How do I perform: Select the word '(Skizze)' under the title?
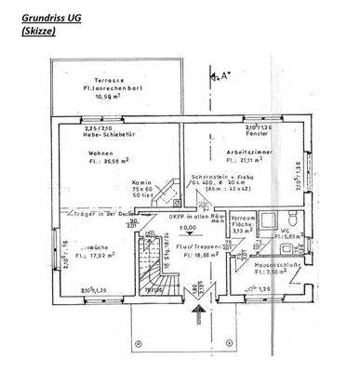point(34,30)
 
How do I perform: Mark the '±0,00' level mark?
point(189,227)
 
